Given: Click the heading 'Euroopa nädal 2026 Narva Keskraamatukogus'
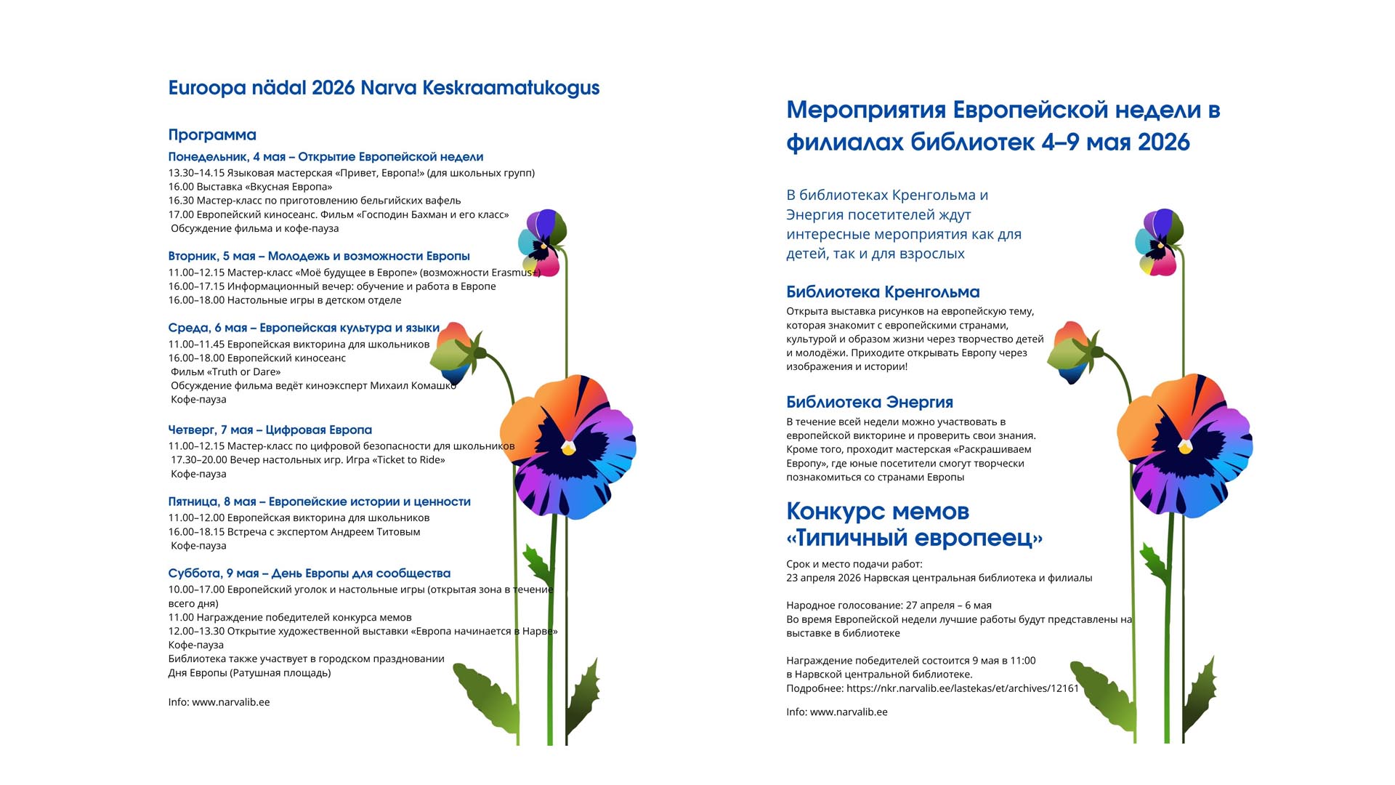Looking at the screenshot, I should (384, 88).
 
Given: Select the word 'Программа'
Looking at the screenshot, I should (212, 135).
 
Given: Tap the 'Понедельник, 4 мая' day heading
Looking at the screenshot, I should (227, 157).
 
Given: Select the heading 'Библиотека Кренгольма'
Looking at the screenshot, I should (883, 292).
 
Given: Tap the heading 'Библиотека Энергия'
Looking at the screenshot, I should (870, 403).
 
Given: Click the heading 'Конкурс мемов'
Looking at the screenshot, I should (878, 512).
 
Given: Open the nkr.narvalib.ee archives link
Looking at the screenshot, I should (963, 688).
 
